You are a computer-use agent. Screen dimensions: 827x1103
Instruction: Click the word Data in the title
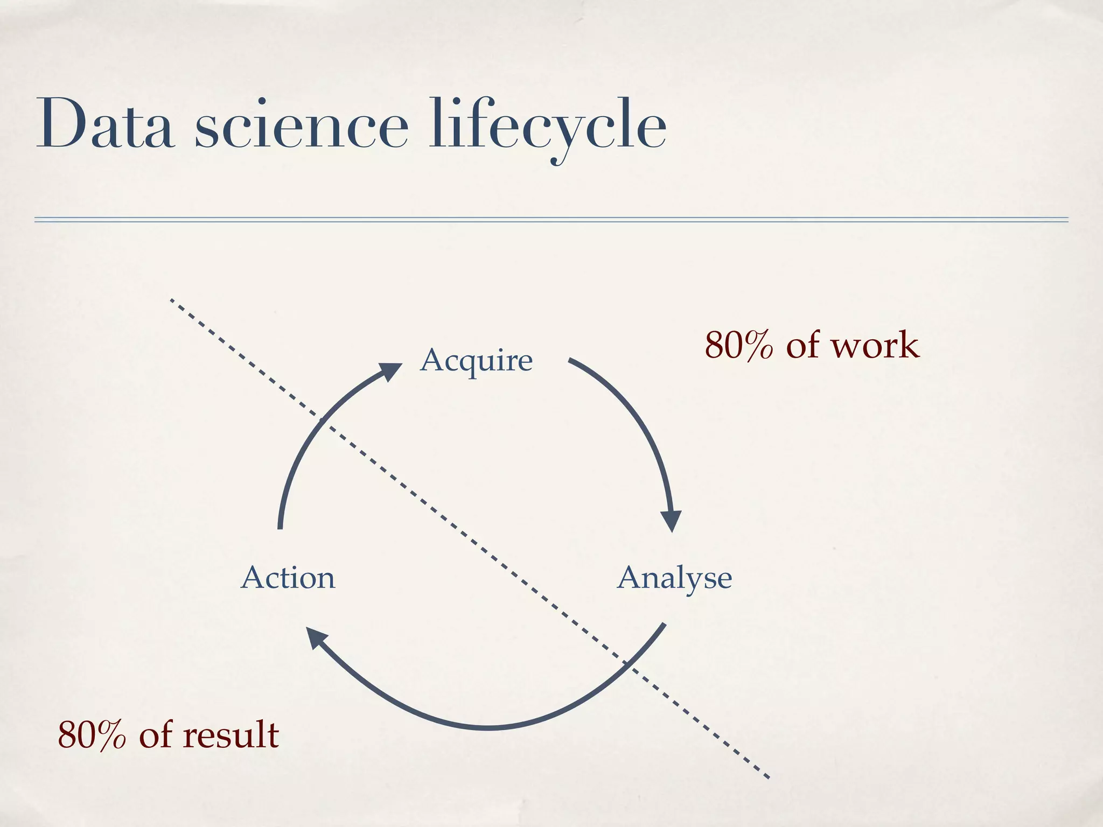click(105, 125)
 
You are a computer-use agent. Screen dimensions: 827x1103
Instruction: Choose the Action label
click(288, 578)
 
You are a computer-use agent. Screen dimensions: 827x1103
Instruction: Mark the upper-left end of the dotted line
click(171, 300)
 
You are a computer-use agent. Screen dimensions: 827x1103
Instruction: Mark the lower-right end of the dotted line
click(768, 777)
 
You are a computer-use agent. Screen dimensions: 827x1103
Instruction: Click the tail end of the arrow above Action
click(280, 528)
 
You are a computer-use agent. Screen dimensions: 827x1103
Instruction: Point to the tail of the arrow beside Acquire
click(570, 359)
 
